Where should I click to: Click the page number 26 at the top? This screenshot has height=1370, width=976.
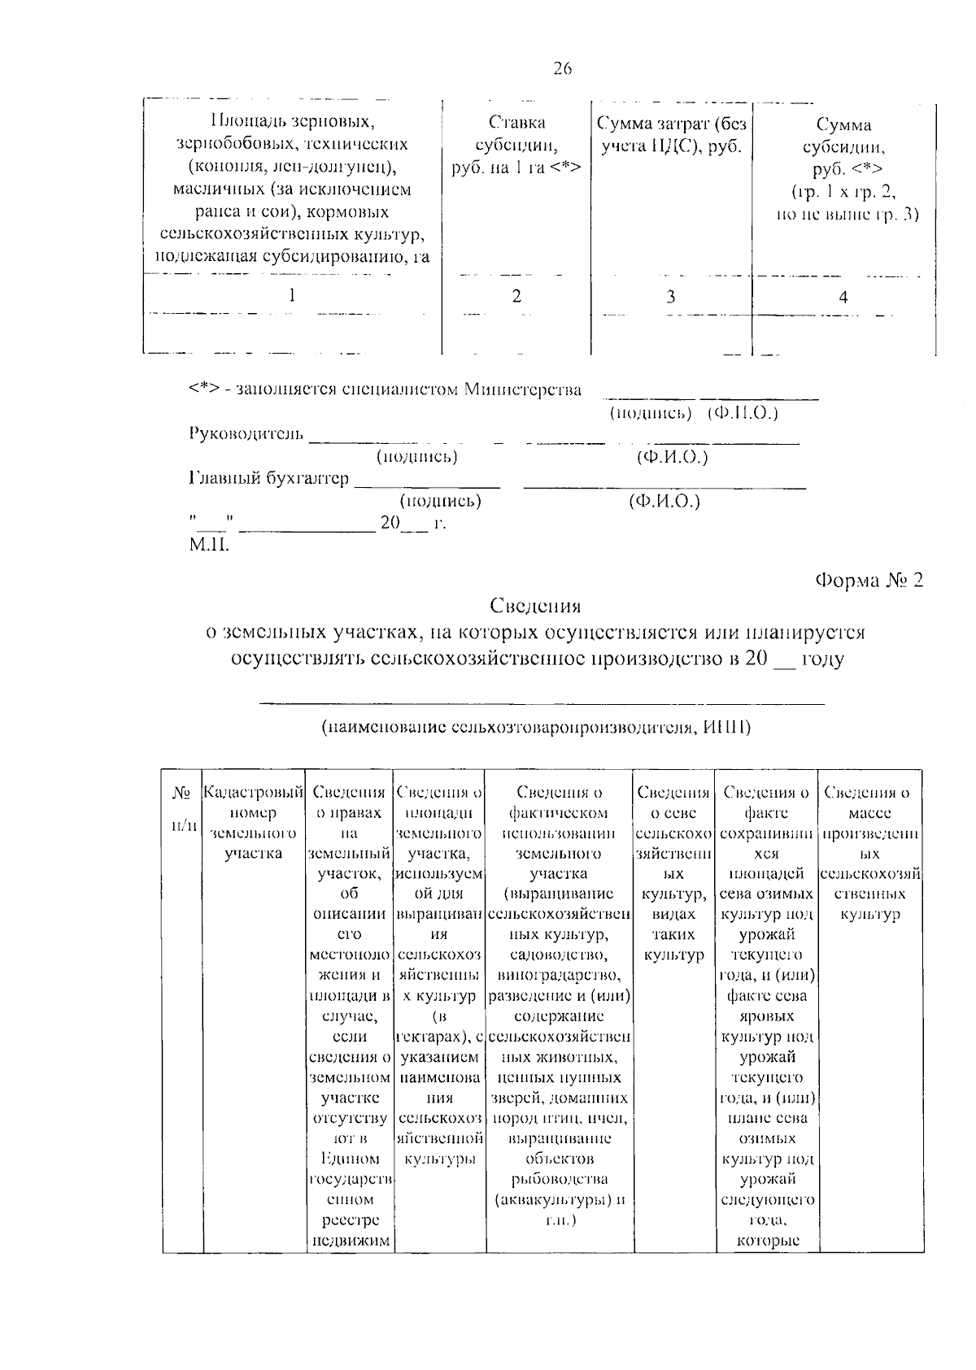563,69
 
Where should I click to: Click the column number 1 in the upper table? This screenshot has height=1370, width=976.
292,296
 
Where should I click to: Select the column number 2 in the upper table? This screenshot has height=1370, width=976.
516,296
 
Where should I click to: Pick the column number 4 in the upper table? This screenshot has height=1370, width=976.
843,298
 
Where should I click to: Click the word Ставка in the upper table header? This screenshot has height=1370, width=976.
516,123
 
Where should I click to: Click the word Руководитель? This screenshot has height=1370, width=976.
246,433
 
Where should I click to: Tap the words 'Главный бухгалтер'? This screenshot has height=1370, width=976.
268,478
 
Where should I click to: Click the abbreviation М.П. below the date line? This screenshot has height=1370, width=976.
209,545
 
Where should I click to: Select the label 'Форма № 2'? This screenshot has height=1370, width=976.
869,581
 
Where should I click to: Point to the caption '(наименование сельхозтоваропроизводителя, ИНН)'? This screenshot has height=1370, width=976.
535,727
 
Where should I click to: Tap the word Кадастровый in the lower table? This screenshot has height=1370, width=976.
253,792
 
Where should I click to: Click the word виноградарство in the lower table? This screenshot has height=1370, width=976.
559,975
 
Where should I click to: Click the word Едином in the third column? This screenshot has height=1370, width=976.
350,1159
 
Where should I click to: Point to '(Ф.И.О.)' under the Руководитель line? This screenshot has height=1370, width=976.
672,457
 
